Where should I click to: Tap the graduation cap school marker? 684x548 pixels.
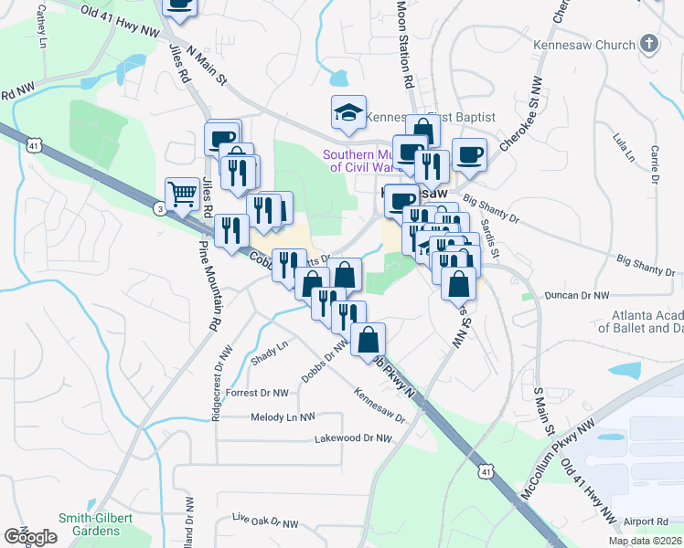pos(348,112)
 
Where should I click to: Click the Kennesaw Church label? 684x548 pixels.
pos(582,45)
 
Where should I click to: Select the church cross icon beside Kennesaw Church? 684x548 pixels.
pos(648,44)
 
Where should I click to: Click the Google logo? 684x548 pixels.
pos(30,537)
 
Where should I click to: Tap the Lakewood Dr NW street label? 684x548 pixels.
pos(353,438)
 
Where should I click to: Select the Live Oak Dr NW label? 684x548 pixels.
pos(265,521)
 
